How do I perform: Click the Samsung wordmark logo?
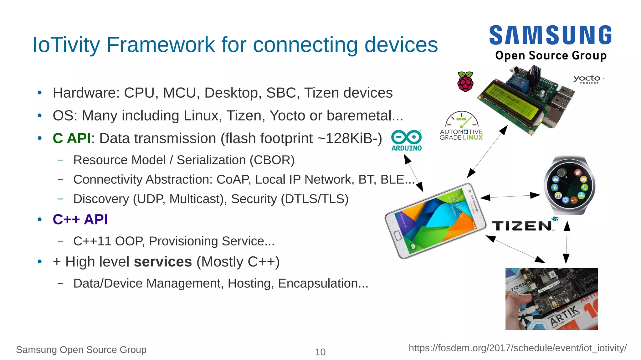tap(550, 35)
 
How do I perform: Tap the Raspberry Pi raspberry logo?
tap(465, 81)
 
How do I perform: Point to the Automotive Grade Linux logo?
tap(461, 126)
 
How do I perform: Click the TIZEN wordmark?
tap(522, 226)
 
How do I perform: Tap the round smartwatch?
tap(569, 185)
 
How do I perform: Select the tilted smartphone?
tap(435, 221)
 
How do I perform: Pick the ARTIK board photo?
tap(551, 299)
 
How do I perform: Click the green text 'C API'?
tap(72, 138)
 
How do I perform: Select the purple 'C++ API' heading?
tap(80, 219)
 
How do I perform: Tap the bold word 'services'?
tap(163, 262)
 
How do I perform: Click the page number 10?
tap(320, 352)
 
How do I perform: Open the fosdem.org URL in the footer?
tap(517, 348)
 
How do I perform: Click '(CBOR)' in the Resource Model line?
tap(272, 160)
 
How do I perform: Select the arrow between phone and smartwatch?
tap(510, 196)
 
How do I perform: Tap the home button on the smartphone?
tap(397, 235)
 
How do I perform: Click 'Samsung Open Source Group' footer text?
tap(81, 350)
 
